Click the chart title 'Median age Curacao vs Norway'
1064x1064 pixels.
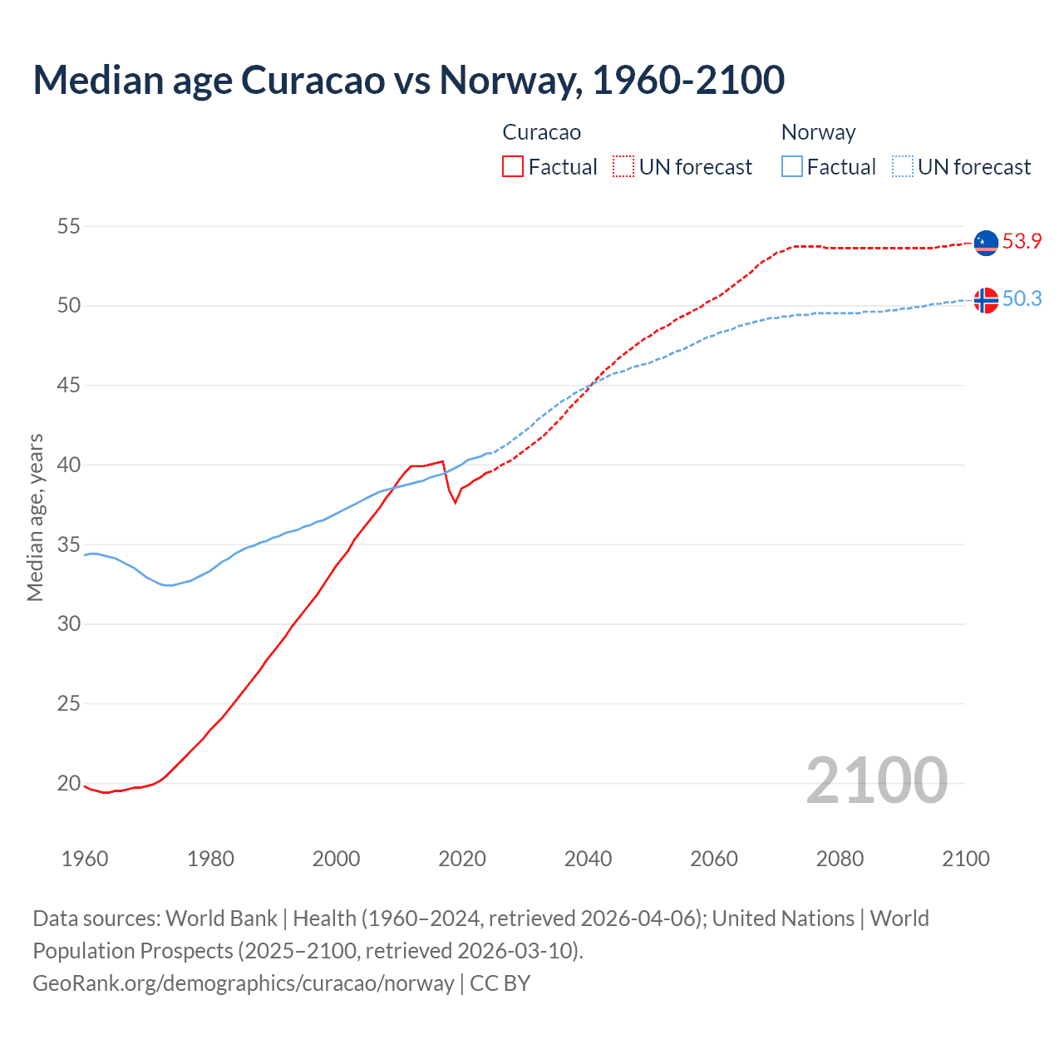point(408,80)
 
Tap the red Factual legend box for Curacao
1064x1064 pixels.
point(513,167)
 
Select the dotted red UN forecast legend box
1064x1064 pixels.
point(623,167)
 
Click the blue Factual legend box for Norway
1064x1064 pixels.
point(792,167)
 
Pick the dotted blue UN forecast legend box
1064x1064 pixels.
point(903,167)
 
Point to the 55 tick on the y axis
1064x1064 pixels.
point(69,226)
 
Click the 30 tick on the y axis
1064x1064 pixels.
point(69,623)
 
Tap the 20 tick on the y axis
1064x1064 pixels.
point(69,783)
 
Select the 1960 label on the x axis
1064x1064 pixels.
point(85,859)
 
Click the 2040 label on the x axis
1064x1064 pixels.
point(588,859)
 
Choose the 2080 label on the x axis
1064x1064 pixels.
point(840,859)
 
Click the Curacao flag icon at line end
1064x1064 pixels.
point(986,243)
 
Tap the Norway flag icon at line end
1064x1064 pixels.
point(986,300)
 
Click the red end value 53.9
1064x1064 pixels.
point(1022,242)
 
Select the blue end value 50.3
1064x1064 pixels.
point(1022,299)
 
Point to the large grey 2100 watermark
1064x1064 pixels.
point(876,781)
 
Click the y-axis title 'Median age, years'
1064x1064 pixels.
point(35,517)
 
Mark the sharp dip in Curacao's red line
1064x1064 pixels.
point(455,502)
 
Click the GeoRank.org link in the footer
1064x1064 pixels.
point(243,983)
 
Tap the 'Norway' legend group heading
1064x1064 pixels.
point(818,132)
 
